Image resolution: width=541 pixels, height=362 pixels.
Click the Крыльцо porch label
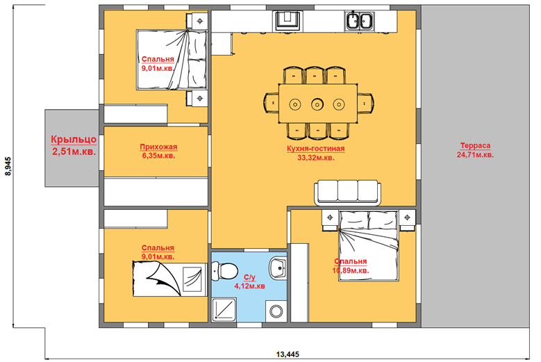74,140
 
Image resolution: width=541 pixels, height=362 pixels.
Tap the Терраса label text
475,146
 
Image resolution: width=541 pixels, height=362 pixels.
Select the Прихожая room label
158,147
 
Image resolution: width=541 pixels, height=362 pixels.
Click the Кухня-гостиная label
316,149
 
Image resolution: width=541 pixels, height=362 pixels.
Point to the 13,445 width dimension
288,354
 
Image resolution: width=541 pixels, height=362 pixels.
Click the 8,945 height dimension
8,166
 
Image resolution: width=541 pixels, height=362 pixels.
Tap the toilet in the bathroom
224,270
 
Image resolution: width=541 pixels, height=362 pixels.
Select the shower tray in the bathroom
224,310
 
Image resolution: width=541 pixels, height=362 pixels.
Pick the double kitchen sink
360,21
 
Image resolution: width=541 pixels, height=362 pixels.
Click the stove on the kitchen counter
288,21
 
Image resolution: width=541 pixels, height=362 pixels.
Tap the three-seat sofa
348,192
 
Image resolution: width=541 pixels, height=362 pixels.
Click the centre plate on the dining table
317,104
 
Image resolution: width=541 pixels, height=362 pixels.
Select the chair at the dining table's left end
271,103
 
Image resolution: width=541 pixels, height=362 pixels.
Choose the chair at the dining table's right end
365,103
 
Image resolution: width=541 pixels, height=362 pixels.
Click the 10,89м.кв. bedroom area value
351,270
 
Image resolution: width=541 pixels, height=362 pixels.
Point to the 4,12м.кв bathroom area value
250,286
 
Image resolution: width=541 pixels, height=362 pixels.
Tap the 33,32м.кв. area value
316,158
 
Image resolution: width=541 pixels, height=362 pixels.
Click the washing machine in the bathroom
276,311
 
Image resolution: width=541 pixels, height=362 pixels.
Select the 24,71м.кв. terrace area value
475,155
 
